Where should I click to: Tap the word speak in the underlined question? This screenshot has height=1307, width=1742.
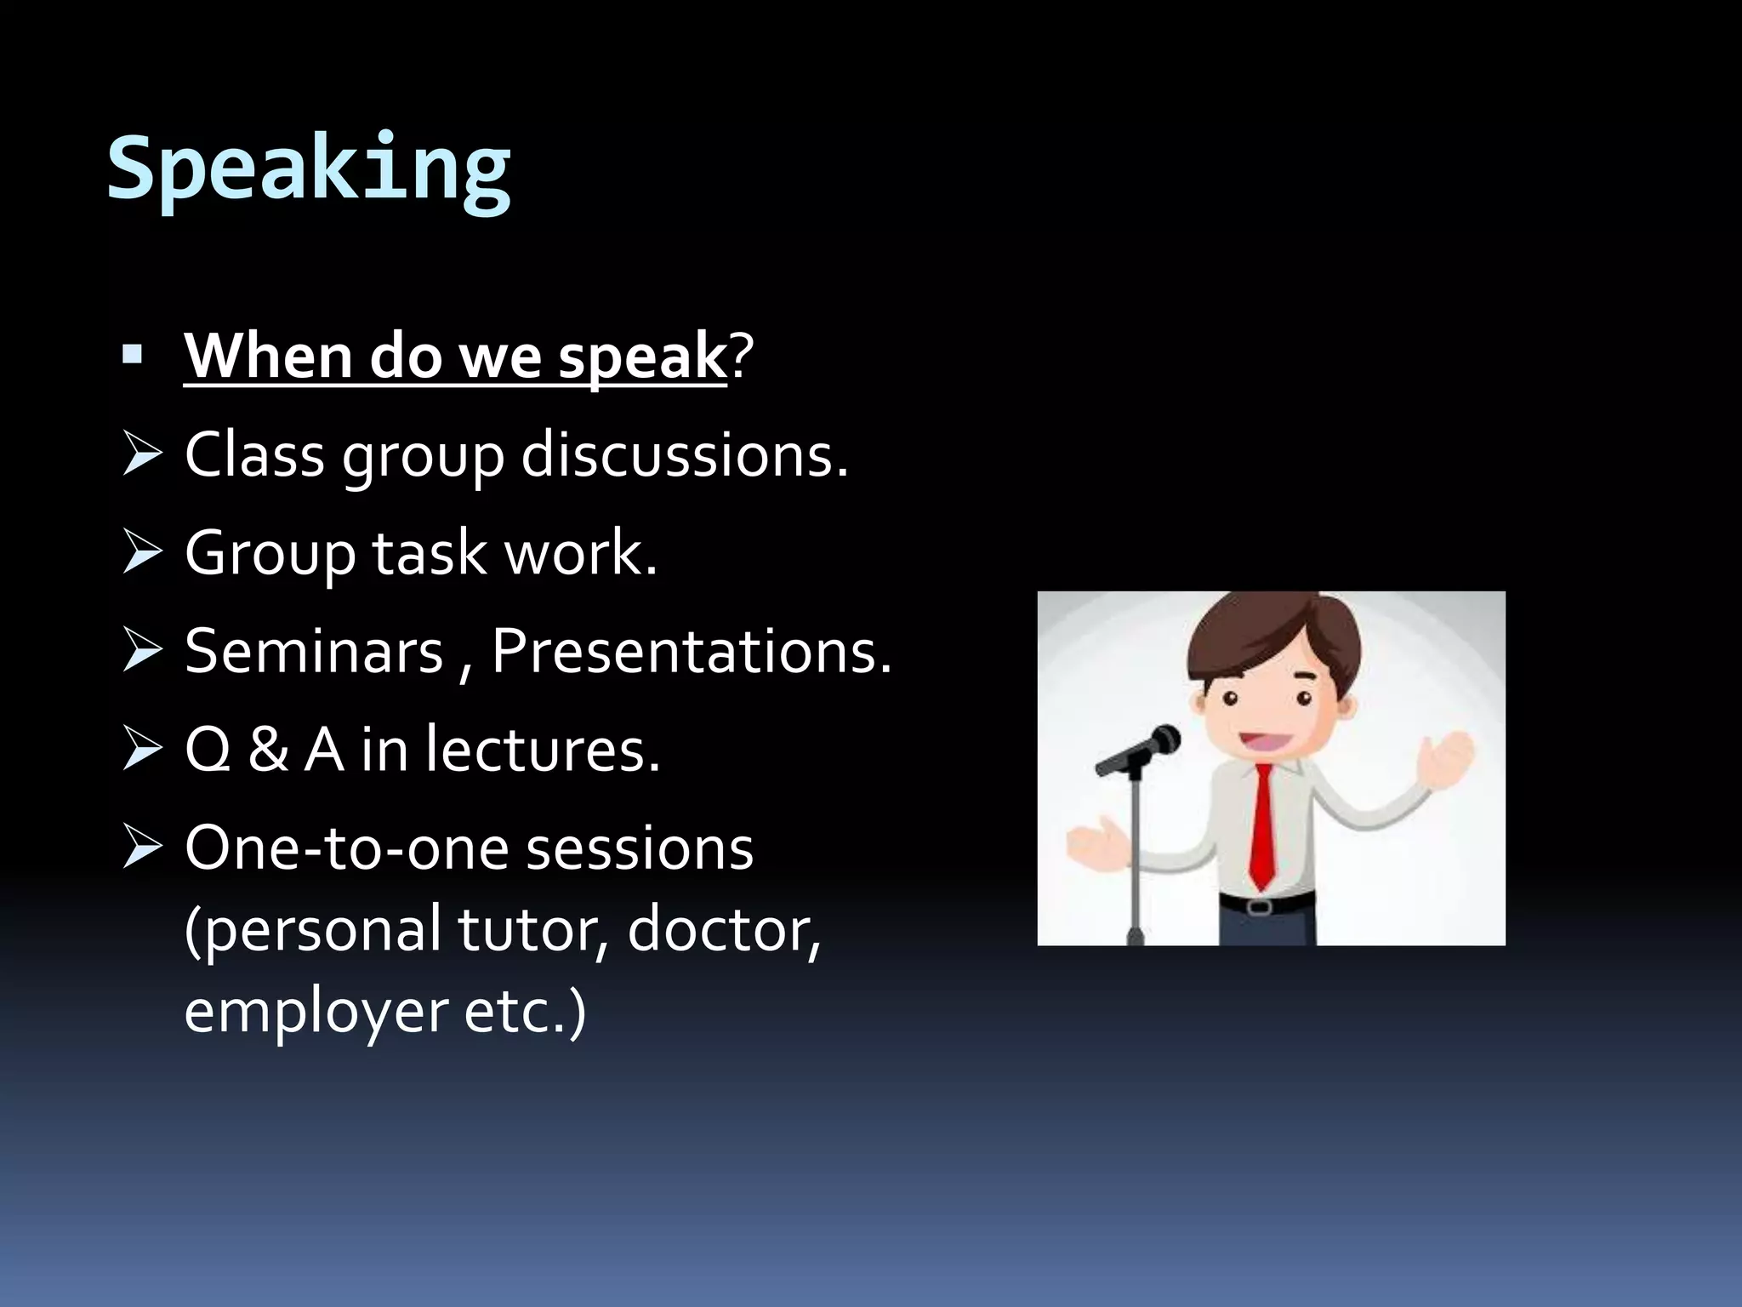[x=641, y=357]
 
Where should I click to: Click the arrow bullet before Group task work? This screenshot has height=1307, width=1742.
[x=142, y=552]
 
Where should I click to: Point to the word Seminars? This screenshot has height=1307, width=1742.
[x=314, y=652]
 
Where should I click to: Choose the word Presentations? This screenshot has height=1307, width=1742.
[x=691, y=652]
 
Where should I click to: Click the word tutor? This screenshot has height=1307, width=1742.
[x=525, y=930]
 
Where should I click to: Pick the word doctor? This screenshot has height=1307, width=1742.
[x=723, y=930]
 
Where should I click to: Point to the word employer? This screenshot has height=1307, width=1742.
[x=316, y=1013]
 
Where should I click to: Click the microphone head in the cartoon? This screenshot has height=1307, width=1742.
[x=1162, y=741]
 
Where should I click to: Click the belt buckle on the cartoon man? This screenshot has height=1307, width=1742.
[x=1260, y=906]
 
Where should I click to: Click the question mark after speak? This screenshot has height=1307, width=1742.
[x=741, y=357]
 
